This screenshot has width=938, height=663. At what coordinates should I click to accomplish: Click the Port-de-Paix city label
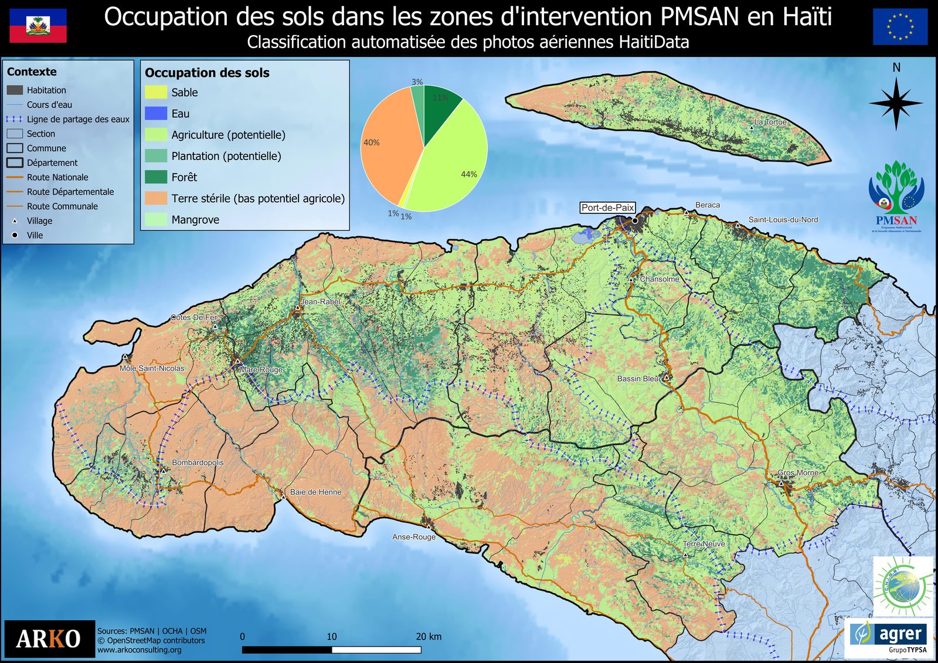(607, 208)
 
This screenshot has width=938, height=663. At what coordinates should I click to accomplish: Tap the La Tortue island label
(770, 122)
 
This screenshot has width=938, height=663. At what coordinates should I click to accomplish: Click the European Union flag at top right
(900, 27)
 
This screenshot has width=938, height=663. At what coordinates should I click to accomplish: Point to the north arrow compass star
(896, 103)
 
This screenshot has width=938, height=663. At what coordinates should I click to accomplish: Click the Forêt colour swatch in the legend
(156, 177)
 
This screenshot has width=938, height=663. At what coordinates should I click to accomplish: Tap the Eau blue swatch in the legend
(156, 114)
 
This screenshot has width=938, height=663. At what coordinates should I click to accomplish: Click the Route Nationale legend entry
(57, 177)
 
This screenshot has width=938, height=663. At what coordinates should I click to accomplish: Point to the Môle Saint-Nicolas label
(152, 368)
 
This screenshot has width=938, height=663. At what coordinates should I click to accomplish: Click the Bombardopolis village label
(198, 463)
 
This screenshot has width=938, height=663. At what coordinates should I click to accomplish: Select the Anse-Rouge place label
(414, 537)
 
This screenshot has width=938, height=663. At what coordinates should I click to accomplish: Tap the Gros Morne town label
(798, 472)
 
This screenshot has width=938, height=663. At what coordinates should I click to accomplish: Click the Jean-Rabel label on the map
(320, 301)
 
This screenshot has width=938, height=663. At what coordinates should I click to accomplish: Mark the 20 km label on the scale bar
(429, 637)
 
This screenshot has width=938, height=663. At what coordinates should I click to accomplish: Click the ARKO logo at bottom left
(49, 638)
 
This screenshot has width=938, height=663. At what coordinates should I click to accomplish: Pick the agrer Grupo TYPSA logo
(889, 638)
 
